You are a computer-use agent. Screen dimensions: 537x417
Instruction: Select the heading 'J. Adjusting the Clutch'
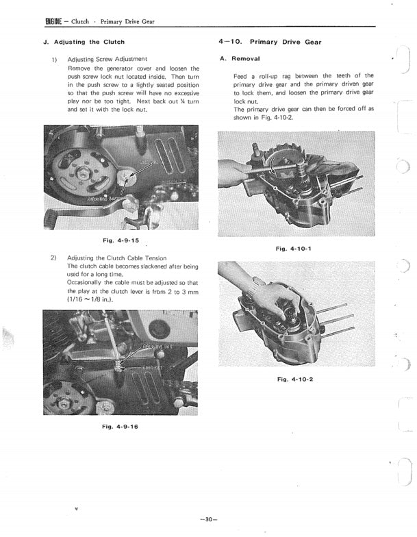point(84,42)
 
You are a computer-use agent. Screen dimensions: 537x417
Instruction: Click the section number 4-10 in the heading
point(229,42)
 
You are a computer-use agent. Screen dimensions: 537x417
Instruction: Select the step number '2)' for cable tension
point(53,258)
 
